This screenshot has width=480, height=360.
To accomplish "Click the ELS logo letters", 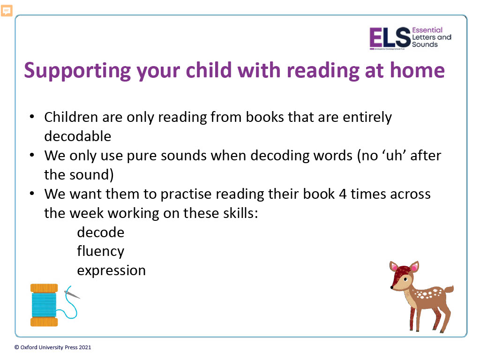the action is (390, 38).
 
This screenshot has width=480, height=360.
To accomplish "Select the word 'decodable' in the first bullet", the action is (78, 136).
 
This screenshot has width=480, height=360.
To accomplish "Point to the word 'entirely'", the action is (367, 118).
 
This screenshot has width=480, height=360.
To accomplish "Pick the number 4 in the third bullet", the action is (343, 194).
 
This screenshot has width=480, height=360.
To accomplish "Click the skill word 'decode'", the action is (101, 232).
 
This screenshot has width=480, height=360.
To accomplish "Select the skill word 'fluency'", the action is (101, 252).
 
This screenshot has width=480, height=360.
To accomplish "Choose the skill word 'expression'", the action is (112, 270).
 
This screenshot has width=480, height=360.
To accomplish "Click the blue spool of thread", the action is (44, 305).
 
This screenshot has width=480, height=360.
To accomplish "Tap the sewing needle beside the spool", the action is (72, 294).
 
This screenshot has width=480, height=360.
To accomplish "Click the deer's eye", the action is (405, 279).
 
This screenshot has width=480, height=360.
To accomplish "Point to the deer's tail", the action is (449, 289).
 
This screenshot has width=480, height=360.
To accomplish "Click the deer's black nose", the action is (392, 287).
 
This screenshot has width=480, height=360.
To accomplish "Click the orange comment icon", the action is (7, 11).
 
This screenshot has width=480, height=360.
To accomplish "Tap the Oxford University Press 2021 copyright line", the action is (52, 347).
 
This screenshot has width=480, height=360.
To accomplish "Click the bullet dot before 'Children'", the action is (32, 117).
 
